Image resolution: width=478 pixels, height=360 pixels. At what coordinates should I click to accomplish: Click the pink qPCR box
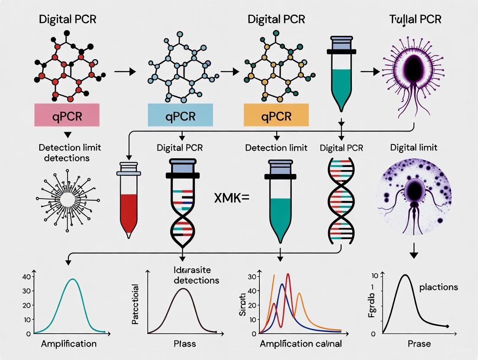(x=67, y=116)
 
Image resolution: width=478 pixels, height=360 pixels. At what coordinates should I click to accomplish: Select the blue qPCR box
(x=181, y=116)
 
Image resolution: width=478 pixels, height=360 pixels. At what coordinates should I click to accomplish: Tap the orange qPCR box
(x=276, y=116)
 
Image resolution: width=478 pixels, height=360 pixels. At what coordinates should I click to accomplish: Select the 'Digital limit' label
(x=413, y=148)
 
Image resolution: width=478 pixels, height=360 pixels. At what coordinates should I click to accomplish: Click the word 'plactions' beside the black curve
(x=438, y=287)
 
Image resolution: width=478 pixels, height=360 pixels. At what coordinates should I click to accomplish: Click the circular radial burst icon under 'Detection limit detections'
(x=68, y=199)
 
